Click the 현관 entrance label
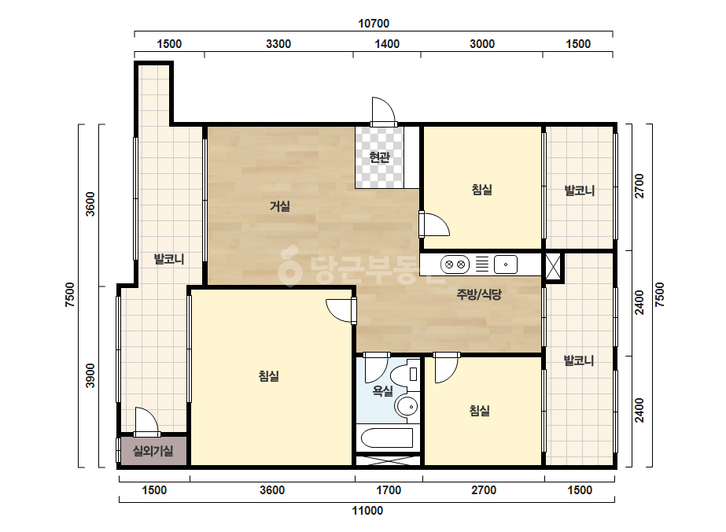(x=379, y=157)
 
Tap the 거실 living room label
(x=280, y=205)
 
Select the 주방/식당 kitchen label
(x=479, y=294)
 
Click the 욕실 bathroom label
(x=382, y=391)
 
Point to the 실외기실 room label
(x=153, y=450)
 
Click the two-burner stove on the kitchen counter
(x=455, y=264)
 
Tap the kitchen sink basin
(x=506, y=264)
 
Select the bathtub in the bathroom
(x=387, y=438)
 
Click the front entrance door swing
(x=383, y=111)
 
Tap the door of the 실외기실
(x=146, y=422)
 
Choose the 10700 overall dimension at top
(x=374, y=23)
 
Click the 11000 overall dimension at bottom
(x=367, y=511)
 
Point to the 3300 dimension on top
(x=278, y=44)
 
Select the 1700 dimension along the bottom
(x=389, y=490)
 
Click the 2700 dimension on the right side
(x=639, y=186)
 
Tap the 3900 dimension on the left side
(x=90, y=376)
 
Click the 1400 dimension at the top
(x=387, y=44)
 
